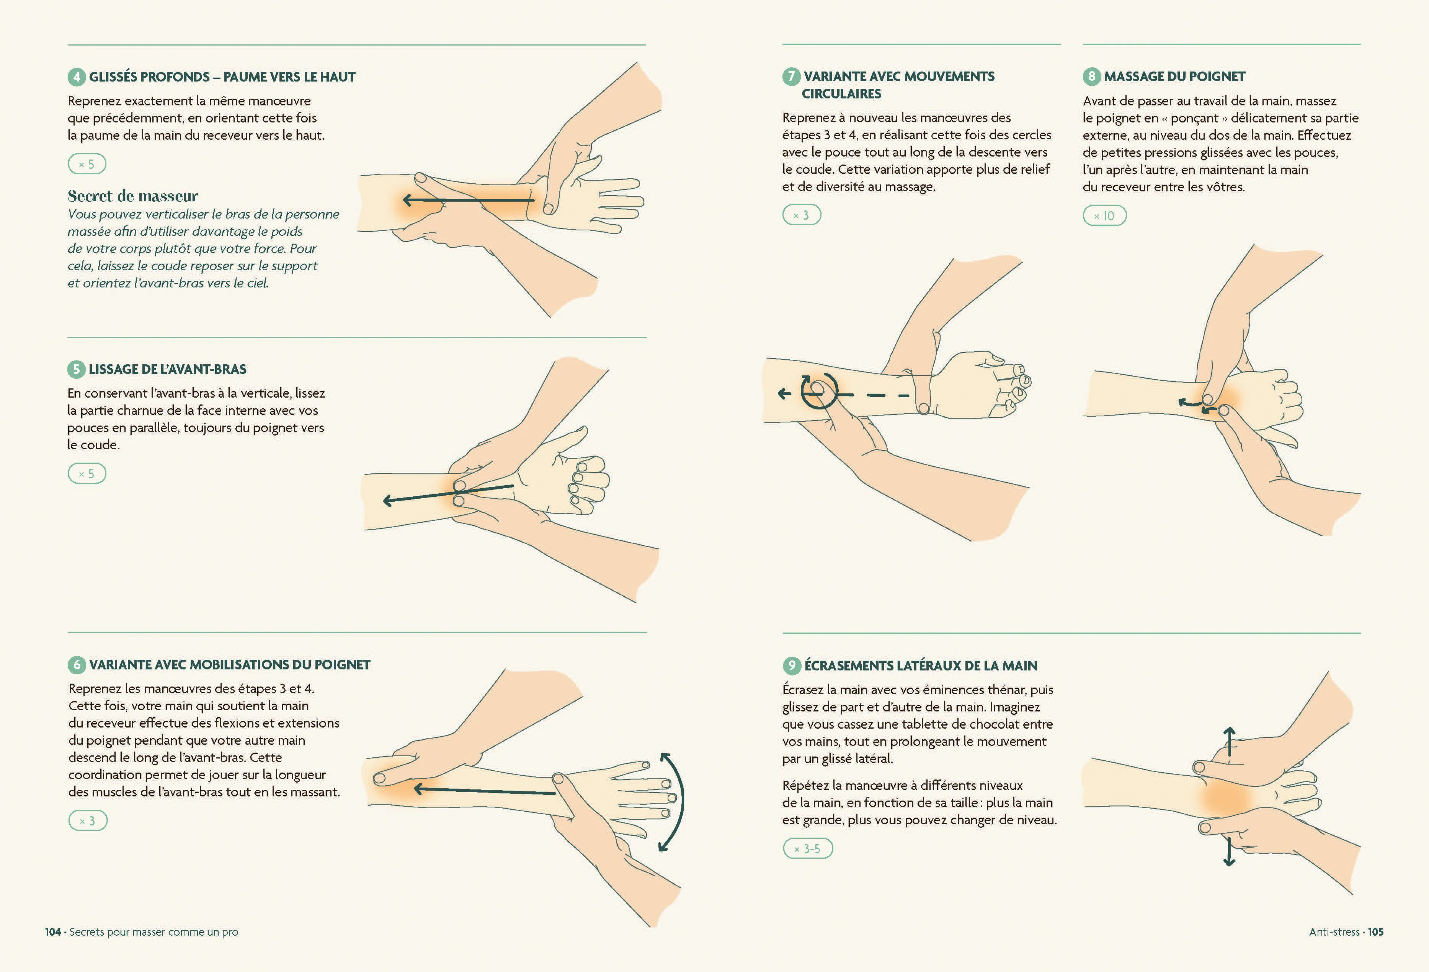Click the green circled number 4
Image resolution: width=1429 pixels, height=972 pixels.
[76, 77]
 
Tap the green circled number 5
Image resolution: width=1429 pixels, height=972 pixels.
[76, 369]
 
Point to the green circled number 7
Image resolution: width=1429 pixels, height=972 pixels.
[791, 76]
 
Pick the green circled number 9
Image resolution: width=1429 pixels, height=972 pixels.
[791, 665]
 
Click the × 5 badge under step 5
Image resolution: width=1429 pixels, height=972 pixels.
[87, 473]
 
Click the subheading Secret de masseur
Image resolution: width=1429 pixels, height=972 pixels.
[133, 196]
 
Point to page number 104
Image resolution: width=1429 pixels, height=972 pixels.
[53, 932]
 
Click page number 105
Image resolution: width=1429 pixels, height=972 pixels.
[1375, 932]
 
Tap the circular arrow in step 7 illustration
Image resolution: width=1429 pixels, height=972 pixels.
[819, 391]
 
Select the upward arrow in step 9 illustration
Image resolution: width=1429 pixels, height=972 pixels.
[1229, 742]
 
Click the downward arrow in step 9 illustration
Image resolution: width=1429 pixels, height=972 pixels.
[1229, 851]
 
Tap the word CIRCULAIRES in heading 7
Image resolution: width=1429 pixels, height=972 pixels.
[841, 94]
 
